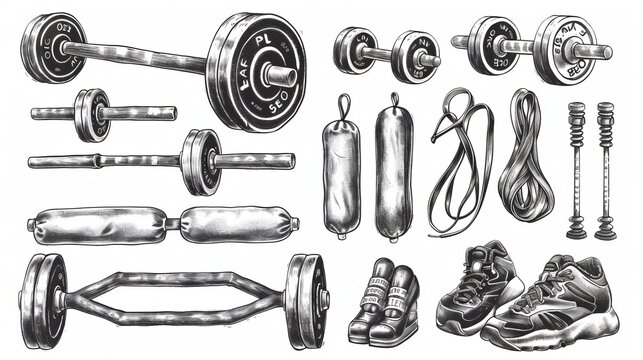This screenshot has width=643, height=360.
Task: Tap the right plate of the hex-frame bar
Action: click(306, 296)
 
